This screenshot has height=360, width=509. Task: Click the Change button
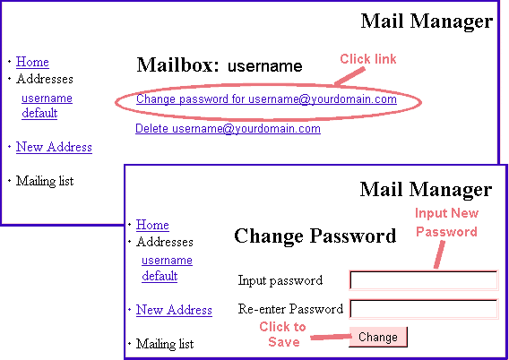coord(378,337)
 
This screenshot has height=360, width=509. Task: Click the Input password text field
coord(424,280)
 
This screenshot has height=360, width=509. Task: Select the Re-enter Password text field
coord(424,309)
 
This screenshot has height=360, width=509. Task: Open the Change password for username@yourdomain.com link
coord(266,99)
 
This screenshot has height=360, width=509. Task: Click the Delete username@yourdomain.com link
coord(228,129)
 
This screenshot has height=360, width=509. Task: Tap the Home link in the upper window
coord(32,62)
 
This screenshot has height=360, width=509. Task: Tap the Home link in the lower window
coord(152,225)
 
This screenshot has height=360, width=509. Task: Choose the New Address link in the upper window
coord(54,147)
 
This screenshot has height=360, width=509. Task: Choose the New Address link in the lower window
coord(174,310)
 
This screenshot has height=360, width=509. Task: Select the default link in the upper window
coord(39,113)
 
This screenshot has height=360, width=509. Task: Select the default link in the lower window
coord(160,276)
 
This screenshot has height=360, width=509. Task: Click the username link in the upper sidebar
coord(47,98)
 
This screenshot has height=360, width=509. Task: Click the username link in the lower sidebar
coord(168,261)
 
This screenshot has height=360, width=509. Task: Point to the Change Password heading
coord(315,236)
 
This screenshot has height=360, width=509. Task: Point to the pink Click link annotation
coord(368,59)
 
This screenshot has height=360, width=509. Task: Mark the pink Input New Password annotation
coord(446,222)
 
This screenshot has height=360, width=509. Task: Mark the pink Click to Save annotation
coord(283,334)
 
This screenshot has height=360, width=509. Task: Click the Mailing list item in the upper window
coord(45,181)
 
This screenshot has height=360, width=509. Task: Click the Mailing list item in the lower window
coord(165,344)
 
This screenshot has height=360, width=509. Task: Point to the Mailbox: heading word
coord(178,64)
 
